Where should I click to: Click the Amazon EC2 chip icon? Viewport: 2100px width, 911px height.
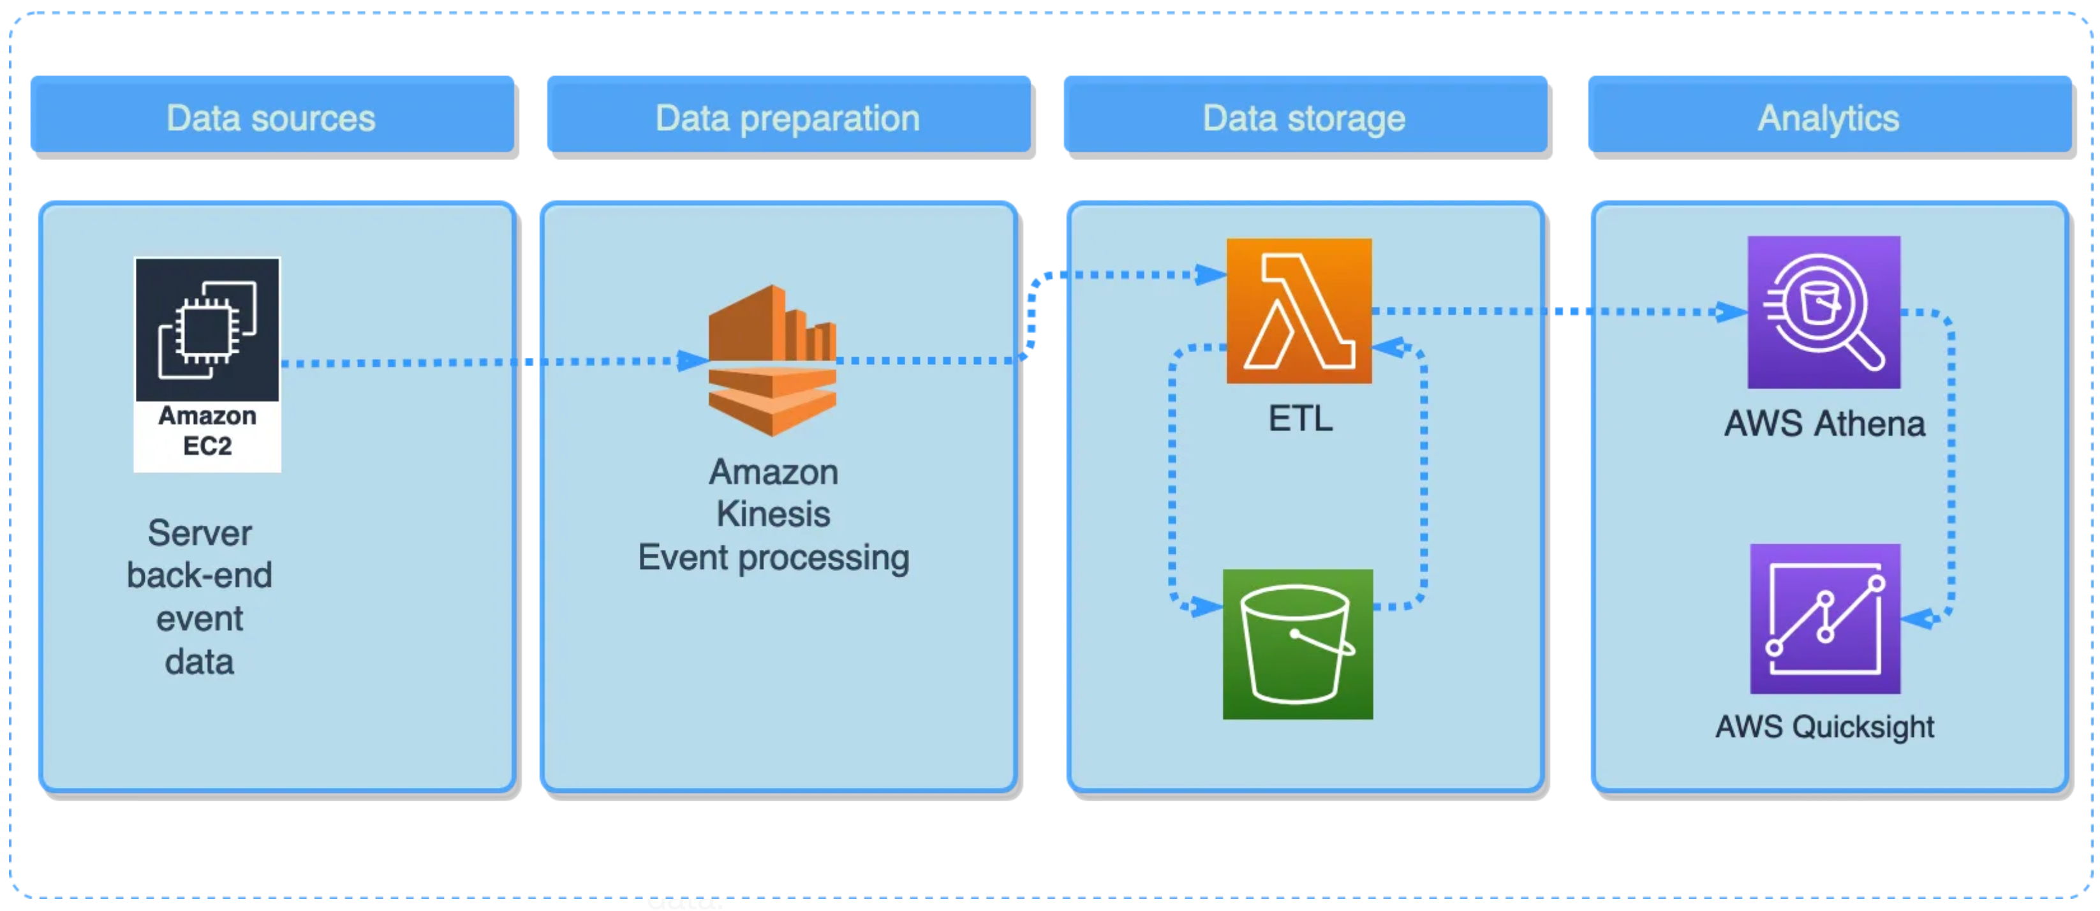tap(207, 329)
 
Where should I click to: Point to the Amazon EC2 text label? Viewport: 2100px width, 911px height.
tap(207, 431)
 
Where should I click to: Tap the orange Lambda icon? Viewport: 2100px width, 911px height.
tap(1299, 311)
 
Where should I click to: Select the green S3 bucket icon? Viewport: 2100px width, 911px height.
tap(1297, 644)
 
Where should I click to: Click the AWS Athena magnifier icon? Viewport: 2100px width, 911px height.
tap(1824, 313)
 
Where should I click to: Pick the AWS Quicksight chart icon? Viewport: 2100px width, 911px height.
tap(1824, 618)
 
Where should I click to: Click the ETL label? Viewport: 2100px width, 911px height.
tap(1300, 418)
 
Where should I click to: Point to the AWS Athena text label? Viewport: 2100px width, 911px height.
tap(1824, 424)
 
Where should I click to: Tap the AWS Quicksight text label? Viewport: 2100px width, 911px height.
tap(1824, 726)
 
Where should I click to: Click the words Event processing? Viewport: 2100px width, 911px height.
tap(773, 558)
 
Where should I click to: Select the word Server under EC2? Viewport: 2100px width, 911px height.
tap(200, 533)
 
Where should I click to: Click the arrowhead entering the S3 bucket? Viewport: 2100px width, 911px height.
tap(1206, 606)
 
